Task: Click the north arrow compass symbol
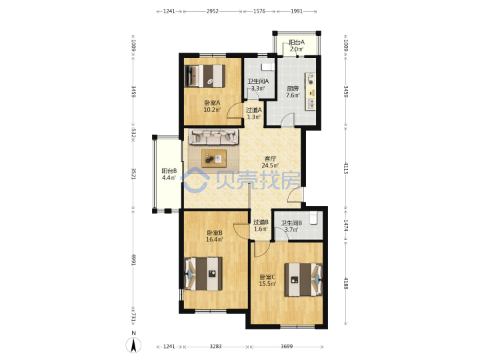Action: (133, 345)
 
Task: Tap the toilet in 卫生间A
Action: (267, 67)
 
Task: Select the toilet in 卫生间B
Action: (314, 218)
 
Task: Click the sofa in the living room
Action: (213, 137)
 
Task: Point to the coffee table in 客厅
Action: (214, 158)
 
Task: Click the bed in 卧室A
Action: (205, 76)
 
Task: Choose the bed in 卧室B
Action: (203, 274)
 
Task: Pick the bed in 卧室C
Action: (304, 279)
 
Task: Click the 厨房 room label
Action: (293, 89)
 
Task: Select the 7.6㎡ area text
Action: (293, 95)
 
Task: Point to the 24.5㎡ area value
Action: (270, 165)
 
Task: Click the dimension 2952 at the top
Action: (213, 11)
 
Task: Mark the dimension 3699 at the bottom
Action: (287, 347)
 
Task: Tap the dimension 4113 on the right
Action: (346, 169)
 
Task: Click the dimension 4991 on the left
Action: (134, 259)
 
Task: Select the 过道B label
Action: (261, 222)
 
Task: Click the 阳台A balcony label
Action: (297, 42)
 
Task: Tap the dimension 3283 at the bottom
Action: (215, 347)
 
